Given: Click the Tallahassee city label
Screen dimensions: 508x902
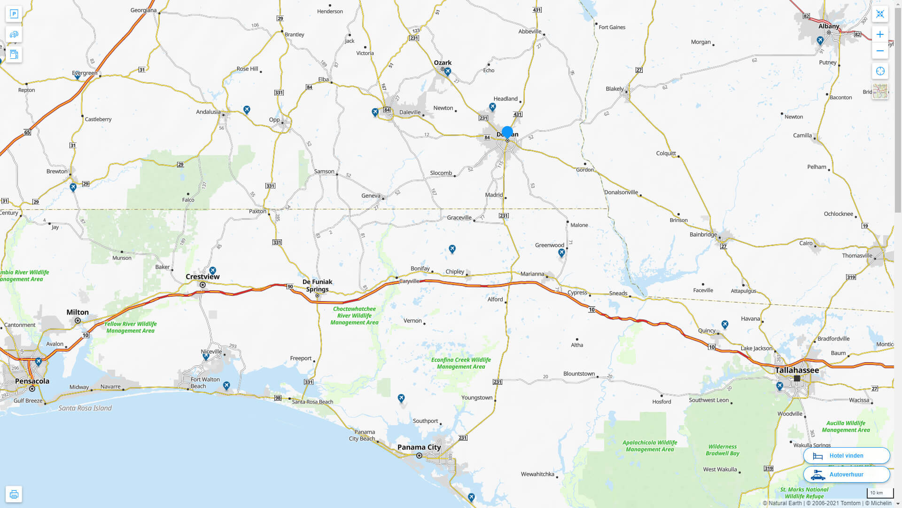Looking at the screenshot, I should [797, 370].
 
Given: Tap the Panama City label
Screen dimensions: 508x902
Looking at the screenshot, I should [419, 447].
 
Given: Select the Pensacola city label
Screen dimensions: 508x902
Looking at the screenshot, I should [32, 381].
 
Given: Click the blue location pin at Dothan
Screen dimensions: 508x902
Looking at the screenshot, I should [507, 133].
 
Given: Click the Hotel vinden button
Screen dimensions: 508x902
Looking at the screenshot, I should [846, 456].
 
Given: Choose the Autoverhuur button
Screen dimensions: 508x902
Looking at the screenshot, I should [846, 475].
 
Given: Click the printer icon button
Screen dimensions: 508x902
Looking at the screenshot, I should [14, 494].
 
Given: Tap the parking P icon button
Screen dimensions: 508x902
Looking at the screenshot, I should [14, 14].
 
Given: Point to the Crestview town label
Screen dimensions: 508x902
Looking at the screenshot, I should [202, 277].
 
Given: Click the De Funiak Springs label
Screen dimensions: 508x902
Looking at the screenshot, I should [318, 286].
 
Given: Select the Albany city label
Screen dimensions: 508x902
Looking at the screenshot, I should [829, 26].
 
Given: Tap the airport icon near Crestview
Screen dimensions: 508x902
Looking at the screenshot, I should [213, 270].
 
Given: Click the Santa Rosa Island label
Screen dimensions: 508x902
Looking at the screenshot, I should [85, 408].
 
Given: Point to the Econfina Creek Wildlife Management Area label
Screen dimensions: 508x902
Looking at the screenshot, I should [461, 363].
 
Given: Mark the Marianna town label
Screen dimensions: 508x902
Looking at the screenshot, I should [532, 274].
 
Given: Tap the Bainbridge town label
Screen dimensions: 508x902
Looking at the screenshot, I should [703, 234].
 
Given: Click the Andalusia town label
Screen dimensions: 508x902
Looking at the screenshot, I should [208, 112].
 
